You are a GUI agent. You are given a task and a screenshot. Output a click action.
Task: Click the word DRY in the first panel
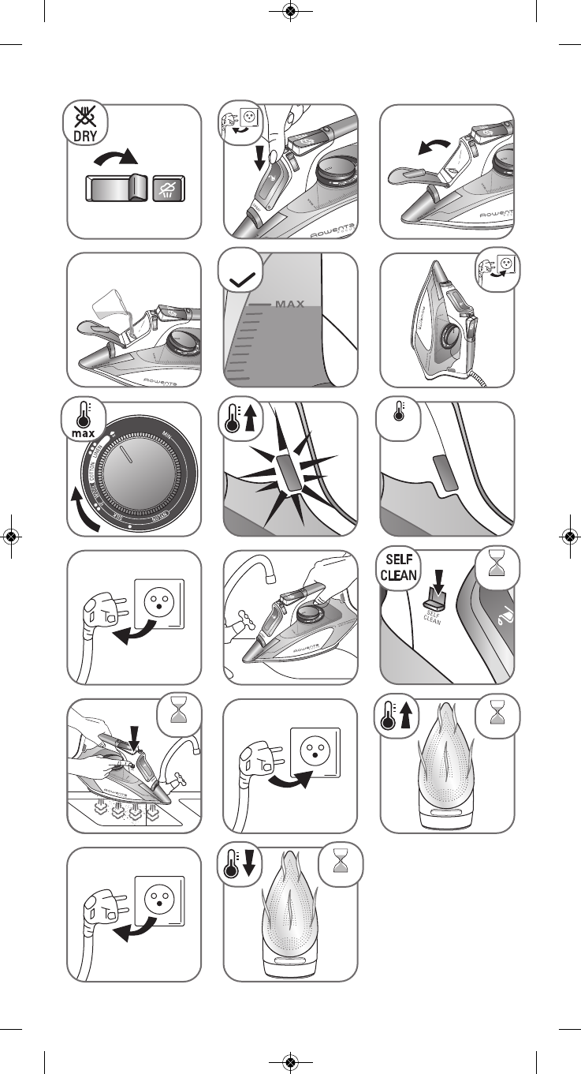click(85, 135)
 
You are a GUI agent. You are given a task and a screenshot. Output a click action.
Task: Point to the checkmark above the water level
click(242, 277)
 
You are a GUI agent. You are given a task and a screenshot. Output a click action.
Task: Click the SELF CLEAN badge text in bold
click(402, 566)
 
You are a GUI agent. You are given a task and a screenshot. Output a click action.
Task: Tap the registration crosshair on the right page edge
click(569, 536)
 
